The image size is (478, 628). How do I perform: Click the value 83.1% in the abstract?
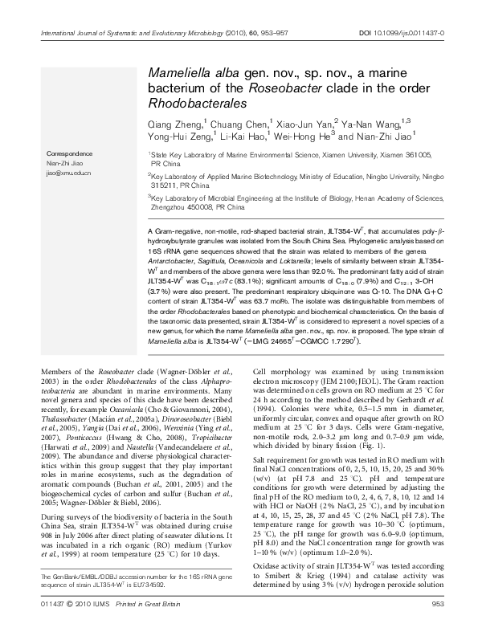coord(259,281)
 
